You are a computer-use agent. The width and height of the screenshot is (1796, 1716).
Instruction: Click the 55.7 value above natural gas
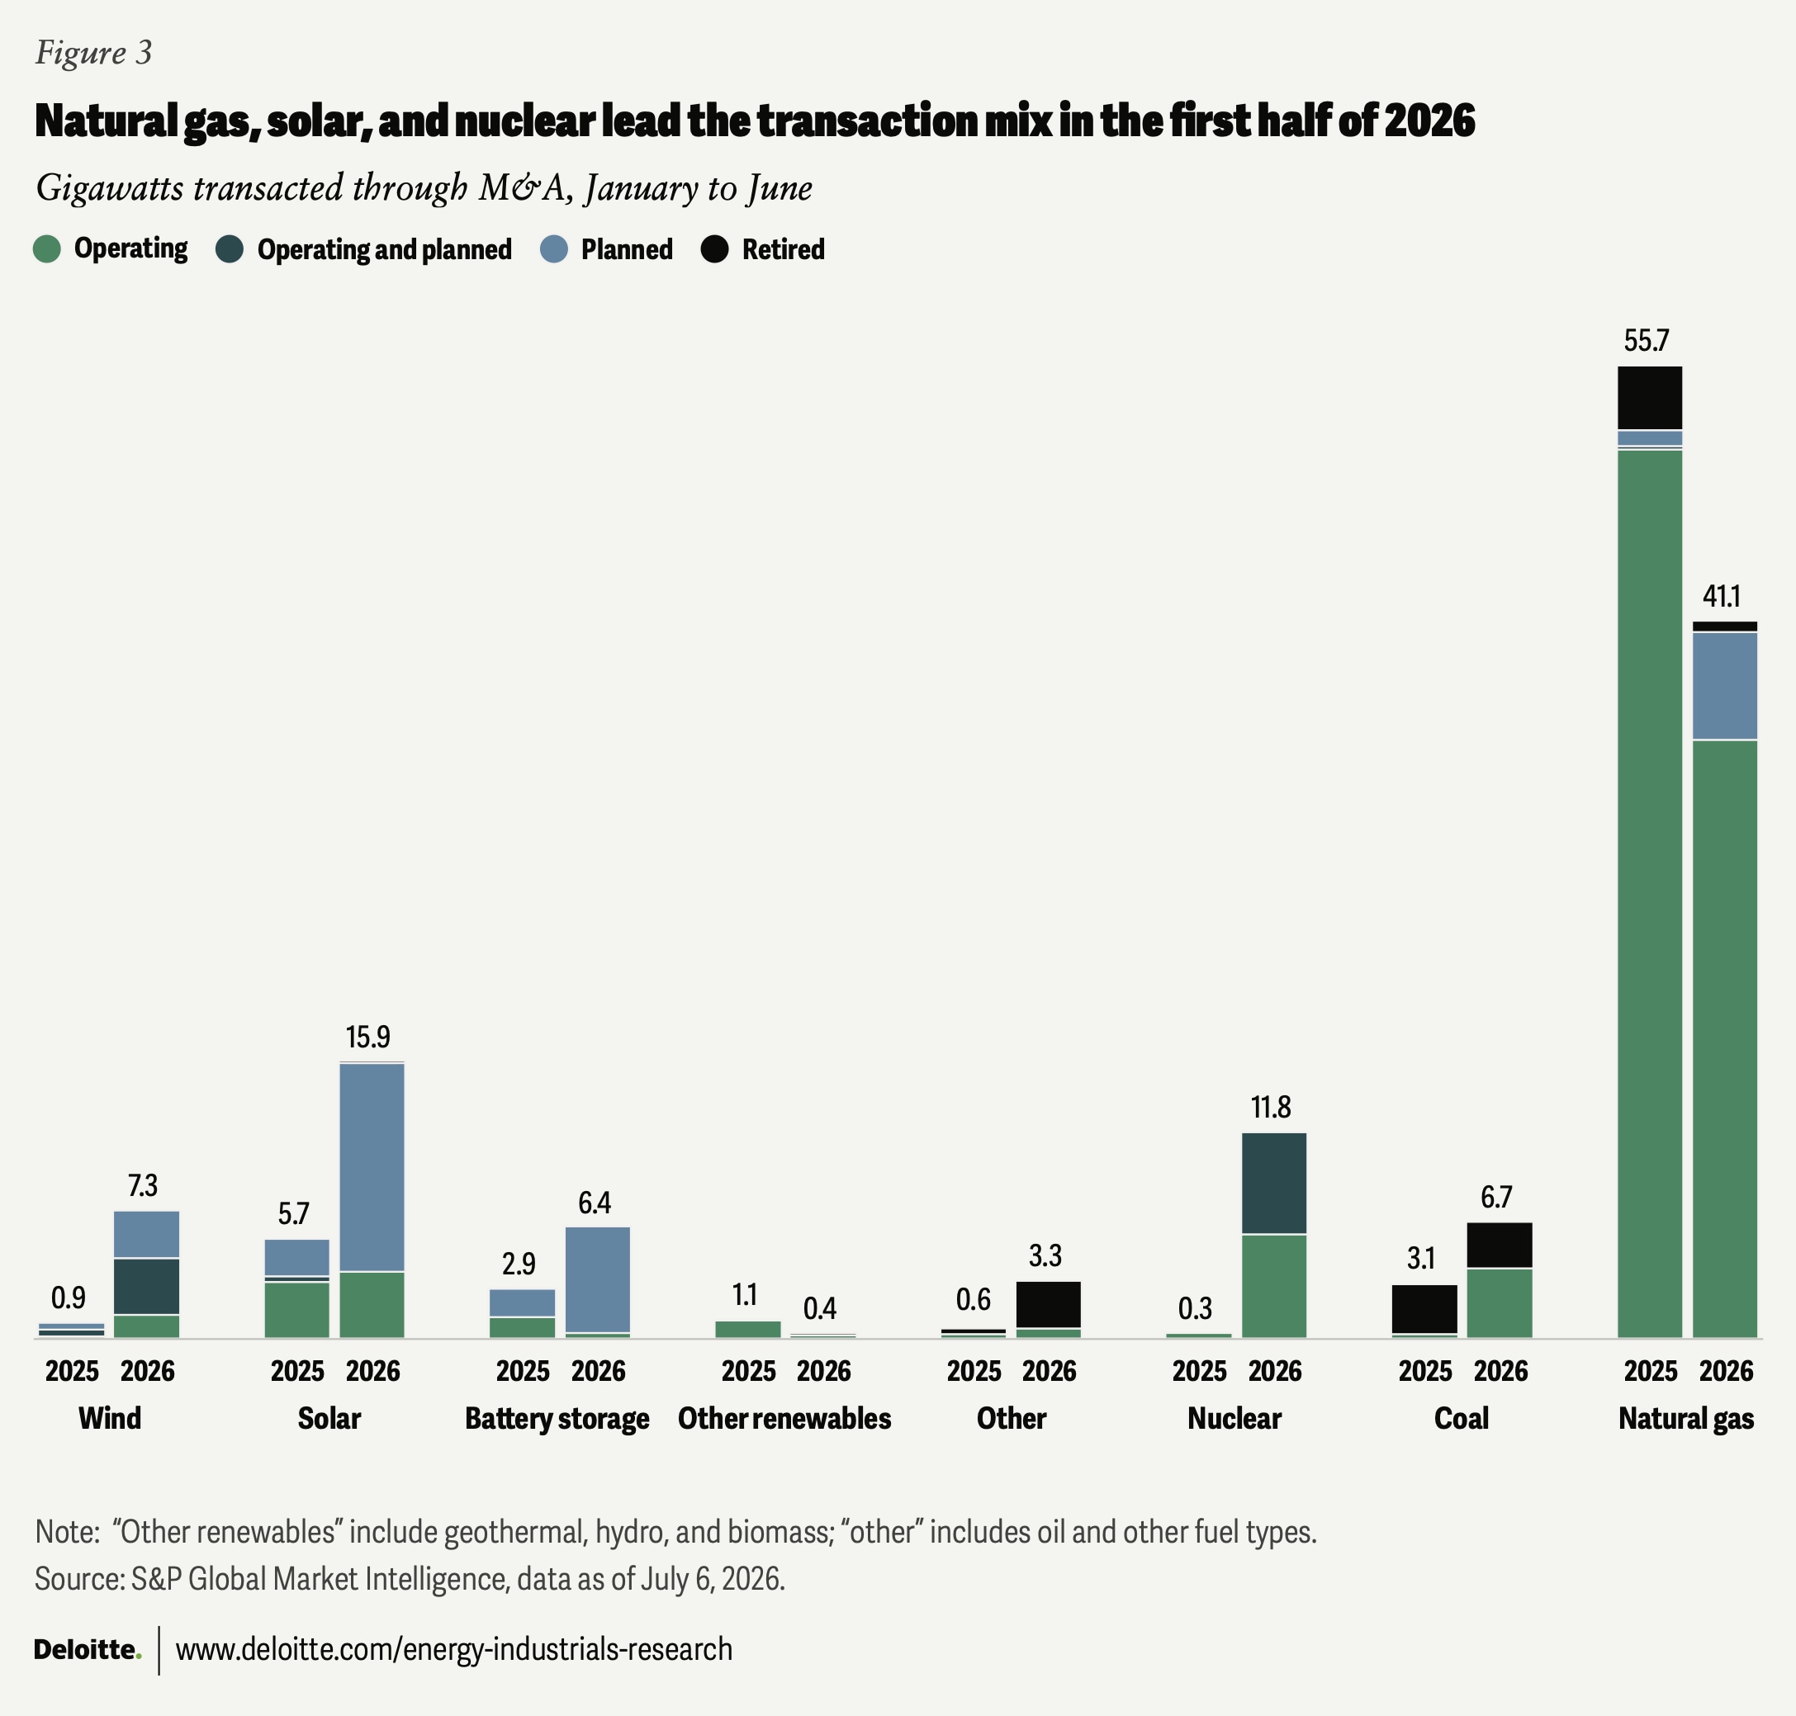(1646, 341)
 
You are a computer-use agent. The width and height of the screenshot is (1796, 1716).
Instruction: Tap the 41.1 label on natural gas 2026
(1721, 597)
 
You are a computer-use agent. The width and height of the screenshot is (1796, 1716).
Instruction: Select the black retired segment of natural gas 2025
(1650, 398)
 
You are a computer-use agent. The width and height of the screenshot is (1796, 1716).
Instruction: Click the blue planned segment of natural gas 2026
(1725, 686)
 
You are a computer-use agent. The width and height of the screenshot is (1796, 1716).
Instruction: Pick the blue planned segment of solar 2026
(372, 1167)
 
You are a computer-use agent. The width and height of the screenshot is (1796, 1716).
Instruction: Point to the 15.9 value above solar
(367, 1038)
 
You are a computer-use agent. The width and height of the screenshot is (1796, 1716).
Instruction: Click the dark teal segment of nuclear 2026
(1273, 1184)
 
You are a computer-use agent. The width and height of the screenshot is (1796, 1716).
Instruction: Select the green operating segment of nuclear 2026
(1273, 1287)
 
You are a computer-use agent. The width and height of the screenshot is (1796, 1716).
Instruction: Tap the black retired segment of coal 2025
(1424, 1309)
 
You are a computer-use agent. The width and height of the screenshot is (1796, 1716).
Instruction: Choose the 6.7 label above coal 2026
(1497, 1198)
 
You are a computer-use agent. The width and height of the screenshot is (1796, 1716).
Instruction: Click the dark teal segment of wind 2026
(146, 1287)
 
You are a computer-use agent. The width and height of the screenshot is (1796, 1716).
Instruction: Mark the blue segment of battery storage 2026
(598, 1279)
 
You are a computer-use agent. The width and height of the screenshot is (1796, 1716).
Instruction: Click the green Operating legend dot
(47, 248)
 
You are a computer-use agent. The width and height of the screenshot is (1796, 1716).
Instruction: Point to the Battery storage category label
(557, 1419)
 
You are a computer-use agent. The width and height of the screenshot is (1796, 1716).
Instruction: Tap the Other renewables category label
(784, 1419)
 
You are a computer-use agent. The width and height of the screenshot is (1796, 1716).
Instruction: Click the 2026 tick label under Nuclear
(1274, 1371)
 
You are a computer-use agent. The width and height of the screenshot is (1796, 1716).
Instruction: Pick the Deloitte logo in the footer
(88, 1650)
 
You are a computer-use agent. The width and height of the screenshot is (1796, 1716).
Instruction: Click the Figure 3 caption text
(93, 52)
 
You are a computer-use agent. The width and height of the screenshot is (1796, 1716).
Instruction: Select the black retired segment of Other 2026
(1049, 1304)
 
